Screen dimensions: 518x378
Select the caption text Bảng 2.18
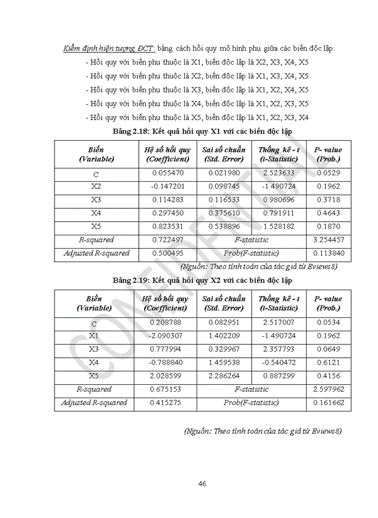point(132,132)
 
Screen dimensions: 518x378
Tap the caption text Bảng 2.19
point(132,281)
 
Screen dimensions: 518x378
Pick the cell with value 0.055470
point(167,173)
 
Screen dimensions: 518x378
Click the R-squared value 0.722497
point(167,240)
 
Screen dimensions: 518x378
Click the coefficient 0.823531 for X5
point(167,227)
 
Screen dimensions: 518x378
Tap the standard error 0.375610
point(224,213)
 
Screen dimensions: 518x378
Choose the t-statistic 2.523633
point(279,173)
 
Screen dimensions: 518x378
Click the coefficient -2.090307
point(166,336)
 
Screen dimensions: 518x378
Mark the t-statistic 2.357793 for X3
point(279,349)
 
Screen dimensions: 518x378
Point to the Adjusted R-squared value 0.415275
point(167,403)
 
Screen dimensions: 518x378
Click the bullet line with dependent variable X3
point(197,90)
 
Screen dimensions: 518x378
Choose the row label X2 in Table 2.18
point(96,187)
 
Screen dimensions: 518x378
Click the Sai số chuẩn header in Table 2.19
point(224,303)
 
